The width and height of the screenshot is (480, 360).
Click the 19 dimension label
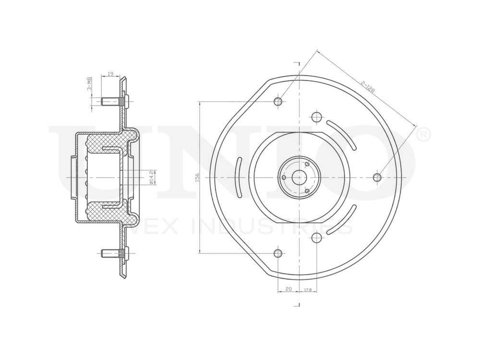click(110, 74)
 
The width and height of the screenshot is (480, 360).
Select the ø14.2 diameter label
click(151, 177)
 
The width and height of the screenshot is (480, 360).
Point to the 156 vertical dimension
click(197, 178)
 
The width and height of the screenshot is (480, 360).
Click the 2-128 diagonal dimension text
click(368, 86)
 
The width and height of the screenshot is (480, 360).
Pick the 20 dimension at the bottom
click(288, 289)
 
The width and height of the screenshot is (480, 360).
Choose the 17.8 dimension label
click(308, 289)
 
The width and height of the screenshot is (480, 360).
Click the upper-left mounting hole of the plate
click(278, 101)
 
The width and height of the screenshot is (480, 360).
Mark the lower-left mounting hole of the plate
click(278, 253)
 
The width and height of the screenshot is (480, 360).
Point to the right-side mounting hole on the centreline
click(377, 178)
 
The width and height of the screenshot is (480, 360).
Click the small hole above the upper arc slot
click(316, 117)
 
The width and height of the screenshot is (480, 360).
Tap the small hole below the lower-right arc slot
click(316, 238)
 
